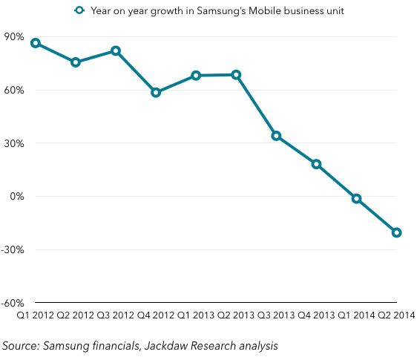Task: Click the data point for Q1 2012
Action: pyautogui.click(x=36, y=43)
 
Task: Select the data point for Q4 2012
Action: pyautogui.click(x=156, y=93)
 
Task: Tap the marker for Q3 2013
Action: pyautogui.click(x=276, y=136)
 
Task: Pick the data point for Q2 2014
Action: pyautogui.click(x=397, y=232)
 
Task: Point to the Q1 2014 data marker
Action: pyautogui.click(x=357, y=199)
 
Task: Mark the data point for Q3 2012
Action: pyautogui.click(x=116, y=50)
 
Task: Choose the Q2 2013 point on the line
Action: pyautogui.click(x=236, y=74)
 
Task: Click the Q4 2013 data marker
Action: pyautogui.click(x=317, y=164)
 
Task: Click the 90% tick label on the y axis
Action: pyautogui.click(x=15, y=37)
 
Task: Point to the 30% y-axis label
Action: pyautogui.click(x=15, y=143)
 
